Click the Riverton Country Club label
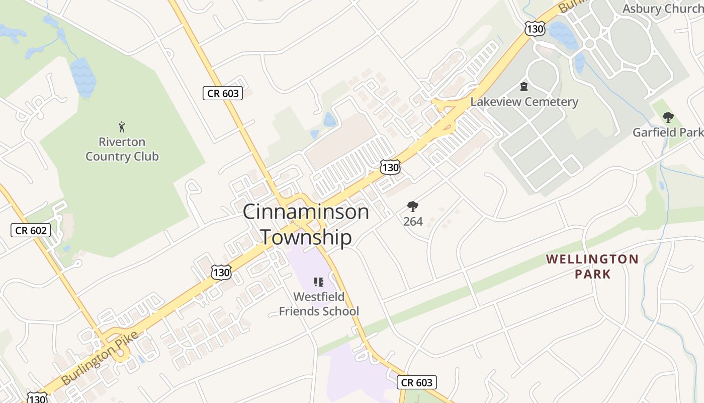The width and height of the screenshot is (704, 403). [122, 149]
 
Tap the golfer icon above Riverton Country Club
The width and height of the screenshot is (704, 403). [122, 126]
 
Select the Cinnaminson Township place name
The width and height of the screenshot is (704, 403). [306, 224]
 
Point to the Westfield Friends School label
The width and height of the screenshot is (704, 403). [319, 304]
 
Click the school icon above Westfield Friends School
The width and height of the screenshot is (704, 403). [318, 282]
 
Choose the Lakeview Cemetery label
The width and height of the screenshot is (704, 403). [524, 102]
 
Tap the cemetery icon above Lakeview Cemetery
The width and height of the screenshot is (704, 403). [524, 87]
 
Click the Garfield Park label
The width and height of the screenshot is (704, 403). [668, 132]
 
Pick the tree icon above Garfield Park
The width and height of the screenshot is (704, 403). [668, 118]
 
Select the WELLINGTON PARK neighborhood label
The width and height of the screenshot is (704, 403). [592, 266]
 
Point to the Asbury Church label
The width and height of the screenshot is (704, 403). [663, 9]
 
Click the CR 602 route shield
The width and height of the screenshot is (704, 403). [31, 231]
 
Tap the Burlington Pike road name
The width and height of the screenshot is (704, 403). [99, 358]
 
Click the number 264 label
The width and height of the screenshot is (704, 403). [413, 221]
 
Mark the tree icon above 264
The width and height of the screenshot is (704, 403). [413, 206]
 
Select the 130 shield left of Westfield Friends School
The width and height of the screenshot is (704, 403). [221, 273]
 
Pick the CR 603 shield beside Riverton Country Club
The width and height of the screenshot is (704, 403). [223, 93]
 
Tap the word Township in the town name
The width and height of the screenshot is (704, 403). [306, 237]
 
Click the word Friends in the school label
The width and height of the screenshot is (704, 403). [301, 311]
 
